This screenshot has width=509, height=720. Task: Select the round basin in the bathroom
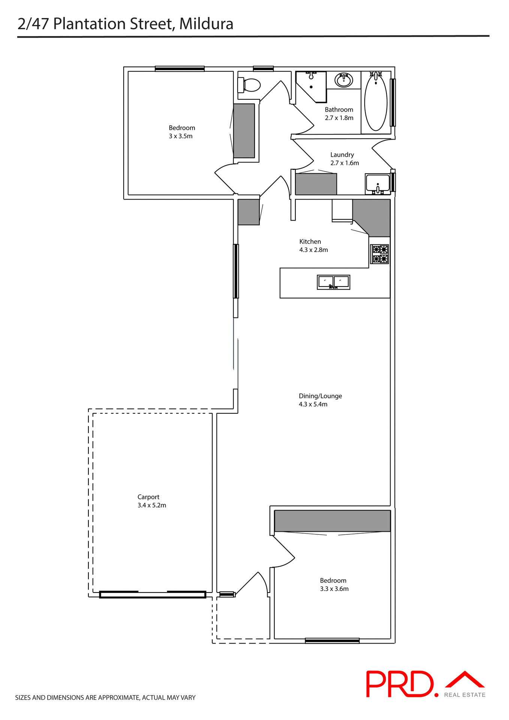pos(343,80)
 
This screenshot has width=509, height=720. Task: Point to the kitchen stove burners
pos(380,254)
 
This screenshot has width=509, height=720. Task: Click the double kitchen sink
pos(333,282)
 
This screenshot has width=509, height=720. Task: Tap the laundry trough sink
pos(377,183)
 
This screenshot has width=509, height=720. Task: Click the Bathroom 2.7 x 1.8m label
pos(339,114)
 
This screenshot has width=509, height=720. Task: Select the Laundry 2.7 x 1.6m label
pos(344,159)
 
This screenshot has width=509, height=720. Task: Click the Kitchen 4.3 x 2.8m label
pos(313,246)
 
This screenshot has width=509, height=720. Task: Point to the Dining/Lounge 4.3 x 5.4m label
pos(320,400)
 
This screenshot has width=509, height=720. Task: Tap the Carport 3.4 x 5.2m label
pos(151,501)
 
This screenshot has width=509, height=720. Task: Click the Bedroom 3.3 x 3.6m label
pos(334,584)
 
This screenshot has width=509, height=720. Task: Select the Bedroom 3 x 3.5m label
pos(181,132)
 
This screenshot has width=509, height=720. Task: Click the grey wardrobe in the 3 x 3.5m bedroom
pos(244,130)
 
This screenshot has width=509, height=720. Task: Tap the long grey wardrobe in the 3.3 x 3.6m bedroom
pos(332,520)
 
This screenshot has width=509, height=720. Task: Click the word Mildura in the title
pos(206,24)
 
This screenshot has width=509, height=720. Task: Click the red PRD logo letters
pos(399,684)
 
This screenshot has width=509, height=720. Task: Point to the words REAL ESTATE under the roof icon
pos(464,695)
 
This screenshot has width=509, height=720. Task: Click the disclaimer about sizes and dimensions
pos(105,697)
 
